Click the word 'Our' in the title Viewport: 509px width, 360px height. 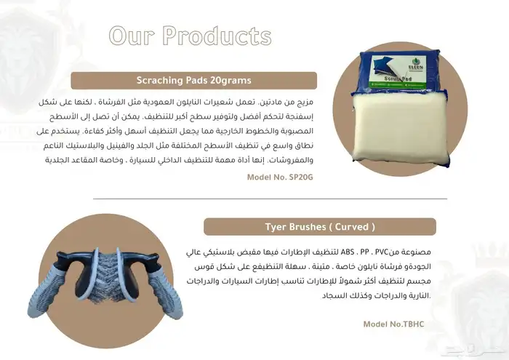(x=132, y=36)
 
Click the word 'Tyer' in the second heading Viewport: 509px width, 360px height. (x=278, y=227)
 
